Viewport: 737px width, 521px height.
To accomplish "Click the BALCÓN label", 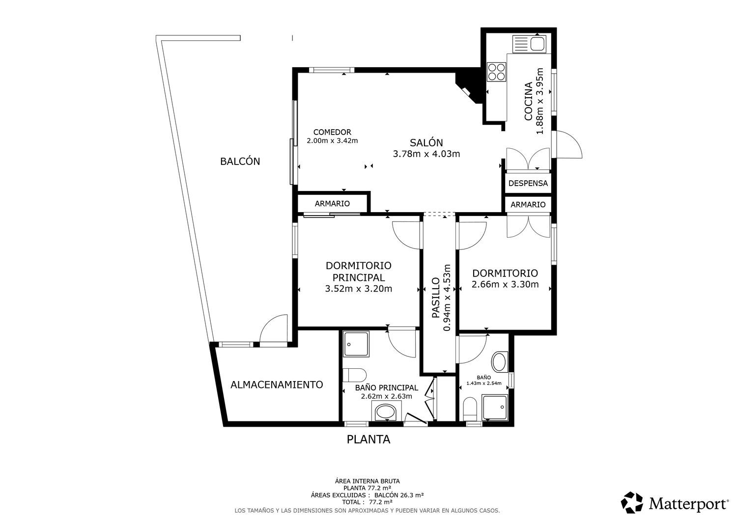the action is pos(240,161).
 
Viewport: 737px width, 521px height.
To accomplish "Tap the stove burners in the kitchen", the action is pos(496,72).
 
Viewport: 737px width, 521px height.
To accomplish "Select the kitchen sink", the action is pos(529,44).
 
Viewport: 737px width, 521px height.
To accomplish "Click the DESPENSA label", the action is pos(528,183).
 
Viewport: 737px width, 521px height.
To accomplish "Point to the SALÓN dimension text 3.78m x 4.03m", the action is pos(426,154).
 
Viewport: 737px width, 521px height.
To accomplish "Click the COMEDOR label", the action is pos(332,132).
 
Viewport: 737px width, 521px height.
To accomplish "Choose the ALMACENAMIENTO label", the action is pos(277,384).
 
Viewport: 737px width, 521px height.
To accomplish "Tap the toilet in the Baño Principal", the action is pos(354,375).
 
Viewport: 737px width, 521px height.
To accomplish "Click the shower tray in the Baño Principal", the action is pos(356,344).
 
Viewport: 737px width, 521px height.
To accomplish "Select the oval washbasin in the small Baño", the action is pos(500,362).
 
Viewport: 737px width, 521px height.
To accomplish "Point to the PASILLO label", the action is pos(435,298).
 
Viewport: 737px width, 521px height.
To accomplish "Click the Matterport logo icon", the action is pos(632,502).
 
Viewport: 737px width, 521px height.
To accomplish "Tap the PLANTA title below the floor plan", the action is pos(368,439).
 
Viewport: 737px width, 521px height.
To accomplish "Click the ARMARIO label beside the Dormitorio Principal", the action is pos(332,204).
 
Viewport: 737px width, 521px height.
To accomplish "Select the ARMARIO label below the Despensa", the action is pos(528,205).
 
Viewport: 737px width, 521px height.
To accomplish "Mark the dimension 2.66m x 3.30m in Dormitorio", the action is pos(505,284).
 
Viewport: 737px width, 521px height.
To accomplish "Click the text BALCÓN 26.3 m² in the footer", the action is pos(399,495).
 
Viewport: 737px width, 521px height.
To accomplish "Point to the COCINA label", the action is pos(528,101).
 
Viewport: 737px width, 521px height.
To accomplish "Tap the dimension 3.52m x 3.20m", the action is pos(358,289).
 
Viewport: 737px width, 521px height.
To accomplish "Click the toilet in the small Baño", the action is pos(470,409).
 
